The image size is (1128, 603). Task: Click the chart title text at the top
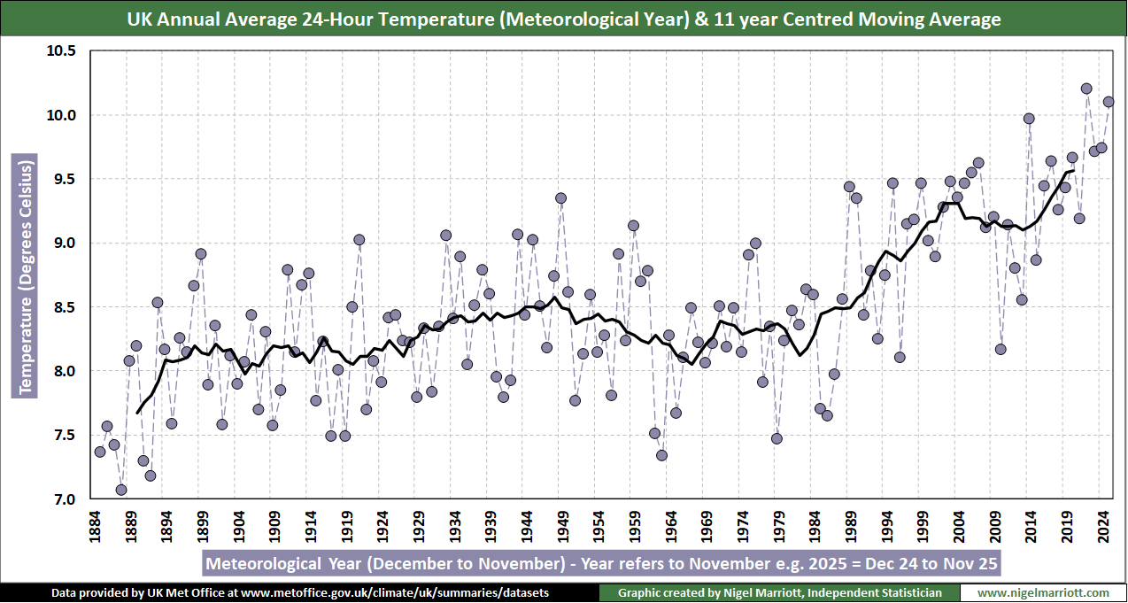(564, 19)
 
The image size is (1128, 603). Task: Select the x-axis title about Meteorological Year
(602, 564)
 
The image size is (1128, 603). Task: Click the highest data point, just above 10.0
(1086, 89)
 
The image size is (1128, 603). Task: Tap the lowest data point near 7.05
(121, 490)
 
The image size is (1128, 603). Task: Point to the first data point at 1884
(100, 452)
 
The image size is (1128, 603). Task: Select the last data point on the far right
(1109, 102)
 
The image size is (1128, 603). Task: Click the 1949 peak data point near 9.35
(560, 198)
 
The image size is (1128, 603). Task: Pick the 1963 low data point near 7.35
(661, 455)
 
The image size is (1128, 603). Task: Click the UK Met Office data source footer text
(300, 592)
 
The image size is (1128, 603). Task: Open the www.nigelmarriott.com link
(1043, 592)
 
